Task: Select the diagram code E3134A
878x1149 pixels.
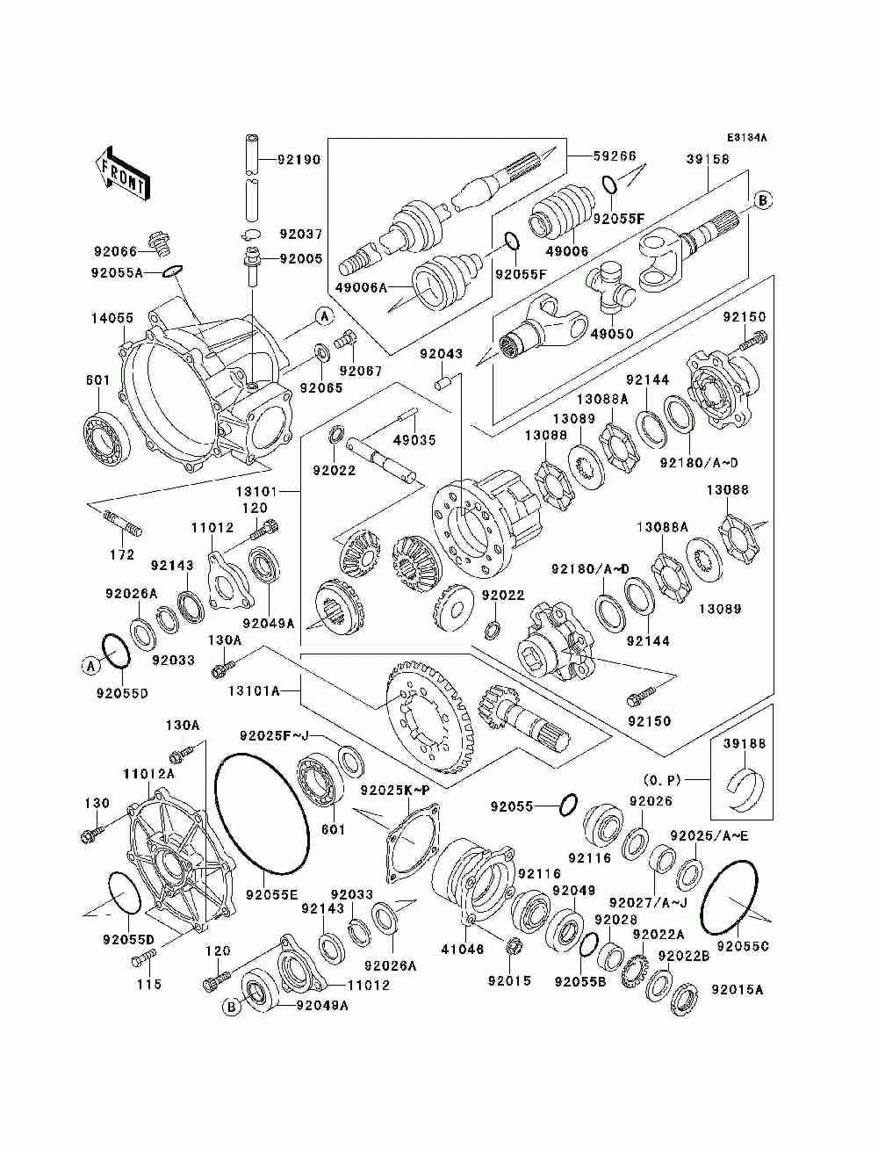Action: (746, 138)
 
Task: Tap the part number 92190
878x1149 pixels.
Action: (299, 159)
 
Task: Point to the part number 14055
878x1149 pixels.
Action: (112, 318)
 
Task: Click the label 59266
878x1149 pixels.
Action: (615, 155)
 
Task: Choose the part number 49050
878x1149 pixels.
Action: (612, 334)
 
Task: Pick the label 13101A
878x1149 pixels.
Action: (253, 691)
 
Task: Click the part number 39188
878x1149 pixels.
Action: (744, 744)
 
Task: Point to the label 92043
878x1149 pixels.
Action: (441, 354)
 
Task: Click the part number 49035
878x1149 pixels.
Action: (414, 440)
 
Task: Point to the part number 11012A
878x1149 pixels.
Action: (148, 774)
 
